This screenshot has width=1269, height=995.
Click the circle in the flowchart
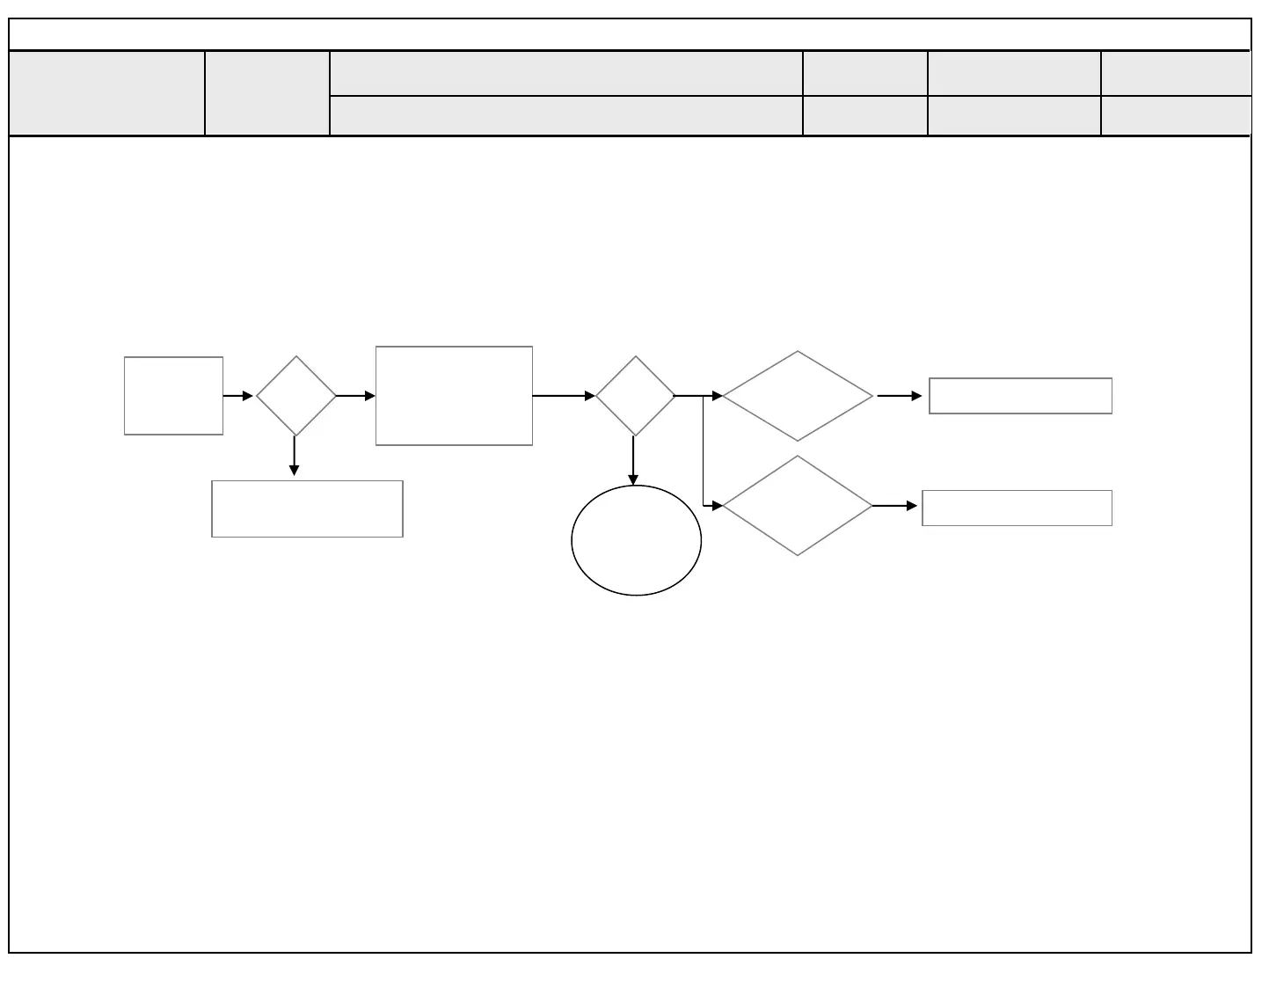[x=636, y=540]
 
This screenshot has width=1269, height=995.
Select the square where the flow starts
[x=173, y=396]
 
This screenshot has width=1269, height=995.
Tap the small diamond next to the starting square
[x=296, y=396]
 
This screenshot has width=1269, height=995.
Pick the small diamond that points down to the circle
[x=635, y=396]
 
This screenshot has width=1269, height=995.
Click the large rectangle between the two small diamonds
[x=454, y=396]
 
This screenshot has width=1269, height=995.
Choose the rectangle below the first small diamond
[x=307, y=508]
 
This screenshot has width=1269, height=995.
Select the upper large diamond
[x=798, y=396]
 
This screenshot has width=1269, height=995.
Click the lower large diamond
[x=798, y=506]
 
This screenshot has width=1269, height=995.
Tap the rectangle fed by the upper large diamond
[x=1020, y=396]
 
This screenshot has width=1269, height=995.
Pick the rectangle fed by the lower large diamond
[x=1017, y=508]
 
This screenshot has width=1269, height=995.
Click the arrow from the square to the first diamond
[x=238, y=396]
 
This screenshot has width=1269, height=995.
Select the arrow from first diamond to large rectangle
[x=356, y=396]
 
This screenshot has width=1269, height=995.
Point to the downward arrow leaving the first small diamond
[x=294, y=456]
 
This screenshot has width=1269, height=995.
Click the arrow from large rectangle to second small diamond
[x=564, y=396]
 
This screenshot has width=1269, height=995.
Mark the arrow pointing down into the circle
[x=633, y=460]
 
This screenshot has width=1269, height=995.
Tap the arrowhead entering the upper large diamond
[x=717, y=396]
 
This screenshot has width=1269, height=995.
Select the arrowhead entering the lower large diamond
[x=717, y=506]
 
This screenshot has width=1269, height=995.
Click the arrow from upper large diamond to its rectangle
[x=900, y=396]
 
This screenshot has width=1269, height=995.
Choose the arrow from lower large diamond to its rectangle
[x=895, y=506]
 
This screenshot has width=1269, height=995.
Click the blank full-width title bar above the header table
[x=630, y=34]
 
